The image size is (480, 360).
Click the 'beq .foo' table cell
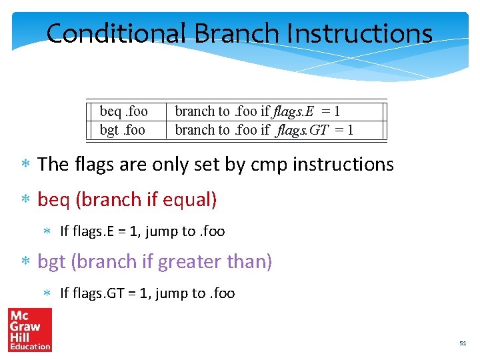click(x=123, y=111)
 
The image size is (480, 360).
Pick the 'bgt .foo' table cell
click(x=122, y=129)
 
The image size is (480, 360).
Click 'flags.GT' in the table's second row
click(x=304, y=129)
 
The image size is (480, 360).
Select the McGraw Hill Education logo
click(x=30, y=330)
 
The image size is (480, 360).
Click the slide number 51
click(x=463, y=343)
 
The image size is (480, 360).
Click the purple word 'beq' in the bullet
click(x=53, y=199)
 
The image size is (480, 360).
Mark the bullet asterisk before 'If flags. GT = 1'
click(x=47, y=294)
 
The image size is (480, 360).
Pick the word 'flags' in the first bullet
click(x=93, y=164)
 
